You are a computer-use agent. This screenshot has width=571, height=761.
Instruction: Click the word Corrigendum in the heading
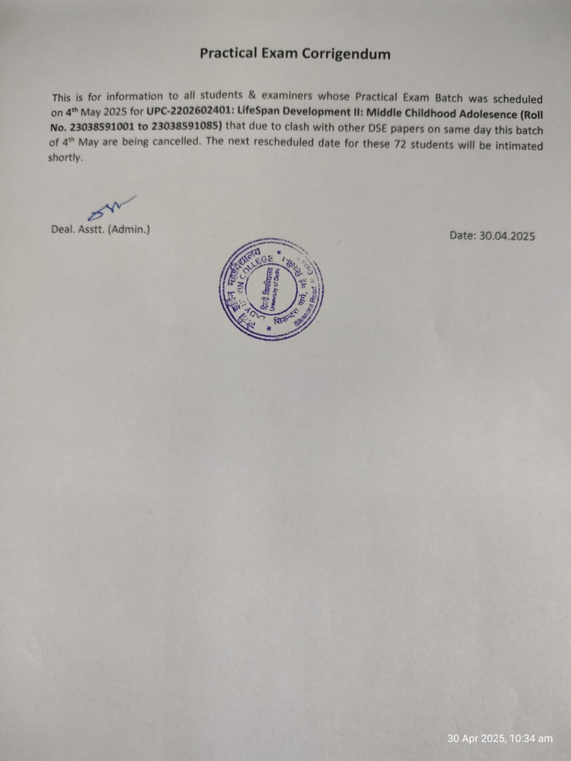pyautogui.click(x=346, y=54)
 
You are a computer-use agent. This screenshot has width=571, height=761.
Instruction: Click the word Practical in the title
pyautogui.click(x=225, y=53)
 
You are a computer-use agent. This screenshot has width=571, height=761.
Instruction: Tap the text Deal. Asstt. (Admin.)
pyautogui.click(x=100, y=229)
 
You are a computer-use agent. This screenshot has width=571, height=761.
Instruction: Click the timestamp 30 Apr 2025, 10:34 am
pyautogui.click(x=500, y=739)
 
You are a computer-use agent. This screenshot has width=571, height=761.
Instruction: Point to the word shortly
pyautogui.click(x=65, y=158)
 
